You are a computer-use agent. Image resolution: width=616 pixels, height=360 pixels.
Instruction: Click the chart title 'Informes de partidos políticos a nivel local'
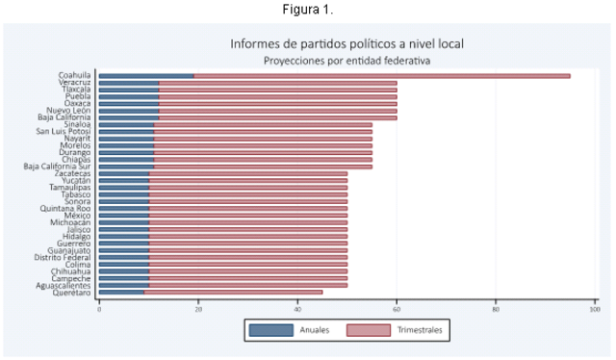(x=346, y=43)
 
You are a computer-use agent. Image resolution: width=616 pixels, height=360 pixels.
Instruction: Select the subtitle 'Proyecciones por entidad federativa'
(x=346, y=60)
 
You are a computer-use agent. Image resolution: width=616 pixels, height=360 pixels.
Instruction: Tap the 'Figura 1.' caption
(x=307, y=9)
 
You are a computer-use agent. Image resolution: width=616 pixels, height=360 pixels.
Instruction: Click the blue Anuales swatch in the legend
(x=271, y=330)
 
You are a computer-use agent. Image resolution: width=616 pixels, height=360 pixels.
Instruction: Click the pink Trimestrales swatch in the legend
(x=367, y=330)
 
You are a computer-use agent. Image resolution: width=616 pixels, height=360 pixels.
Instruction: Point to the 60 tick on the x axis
(x=397, y=308)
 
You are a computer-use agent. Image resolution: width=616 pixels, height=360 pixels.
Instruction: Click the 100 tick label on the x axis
(x=594, y=308)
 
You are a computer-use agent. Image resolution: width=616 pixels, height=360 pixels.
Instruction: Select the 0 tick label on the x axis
(x=99, y=308)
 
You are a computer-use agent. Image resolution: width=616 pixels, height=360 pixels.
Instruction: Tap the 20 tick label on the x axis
(x=198, y=308)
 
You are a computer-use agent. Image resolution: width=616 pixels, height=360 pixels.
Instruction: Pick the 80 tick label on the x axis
(x=496, y=308)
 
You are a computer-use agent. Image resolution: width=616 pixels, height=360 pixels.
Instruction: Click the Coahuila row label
(x=74, y=75)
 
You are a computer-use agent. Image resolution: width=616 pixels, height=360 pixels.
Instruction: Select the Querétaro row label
(x=72, y=292)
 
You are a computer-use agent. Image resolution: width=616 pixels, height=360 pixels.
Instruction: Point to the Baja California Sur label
(x=57, y=167)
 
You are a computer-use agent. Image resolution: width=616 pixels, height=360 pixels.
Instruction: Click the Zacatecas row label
(x=72, y=173)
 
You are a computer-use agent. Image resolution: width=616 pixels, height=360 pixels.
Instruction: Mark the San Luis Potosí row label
(x=64, y=131)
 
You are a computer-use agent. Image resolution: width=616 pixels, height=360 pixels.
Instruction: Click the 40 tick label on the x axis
(x=297, y=308)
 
